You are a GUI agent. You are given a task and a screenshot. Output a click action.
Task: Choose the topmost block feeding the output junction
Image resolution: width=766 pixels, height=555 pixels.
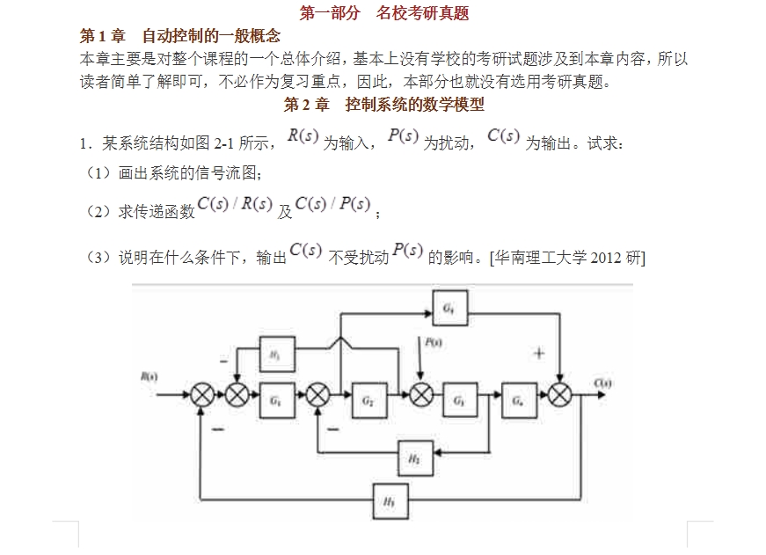(x=449, y=308)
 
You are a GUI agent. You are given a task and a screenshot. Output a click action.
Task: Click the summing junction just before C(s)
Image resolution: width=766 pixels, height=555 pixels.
(x=561, y=396)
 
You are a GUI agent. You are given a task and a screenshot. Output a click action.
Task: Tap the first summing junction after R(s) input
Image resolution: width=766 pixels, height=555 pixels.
(x=202, y=396)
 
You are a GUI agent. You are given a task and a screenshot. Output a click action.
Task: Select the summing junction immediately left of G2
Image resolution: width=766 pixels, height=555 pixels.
(x=317, y=396)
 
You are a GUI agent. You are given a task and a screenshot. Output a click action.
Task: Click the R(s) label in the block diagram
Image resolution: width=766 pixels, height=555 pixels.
(x=149, y=376)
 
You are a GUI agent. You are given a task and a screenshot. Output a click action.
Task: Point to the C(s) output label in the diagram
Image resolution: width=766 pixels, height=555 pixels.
(x=602, y=383)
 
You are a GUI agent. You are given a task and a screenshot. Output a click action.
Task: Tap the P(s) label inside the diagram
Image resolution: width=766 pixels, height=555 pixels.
(x=433, y=344)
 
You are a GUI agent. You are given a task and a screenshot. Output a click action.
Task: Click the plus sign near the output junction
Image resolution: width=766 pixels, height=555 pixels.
(x=539, y=354)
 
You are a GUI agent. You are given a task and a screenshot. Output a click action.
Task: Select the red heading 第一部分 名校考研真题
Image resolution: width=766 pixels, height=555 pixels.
(x=384, y=13)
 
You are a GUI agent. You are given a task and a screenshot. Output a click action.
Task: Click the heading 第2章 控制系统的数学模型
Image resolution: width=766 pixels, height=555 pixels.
(x=383, y=105)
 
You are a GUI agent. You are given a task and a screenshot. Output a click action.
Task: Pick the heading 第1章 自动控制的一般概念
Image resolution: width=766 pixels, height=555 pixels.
(x=180, y=36)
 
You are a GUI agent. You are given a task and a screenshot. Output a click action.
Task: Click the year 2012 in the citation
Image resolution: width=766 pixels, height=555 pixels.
(x=606, y=258)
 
